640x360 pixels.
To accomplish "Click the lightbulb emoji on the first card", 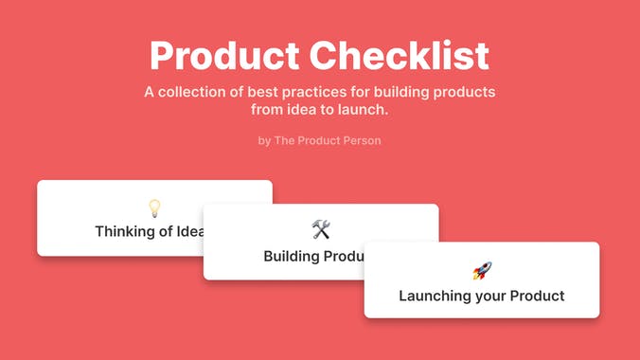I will (154, 208).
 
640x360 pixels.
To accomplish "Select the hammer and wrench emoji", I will (321, 229).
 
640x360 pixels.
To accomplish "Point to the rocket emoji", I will (482, 270).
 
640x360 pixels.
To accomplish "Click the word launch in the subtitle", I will (365, 111).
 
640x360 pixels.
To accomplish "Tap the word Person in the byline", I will (361, 141).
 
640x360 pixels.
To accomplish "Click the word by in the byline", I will (264, 141).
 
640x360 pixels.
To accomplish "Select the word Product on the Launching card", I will (537, 296).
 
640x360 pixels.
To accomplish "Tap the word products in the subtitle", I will (468, 93).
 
